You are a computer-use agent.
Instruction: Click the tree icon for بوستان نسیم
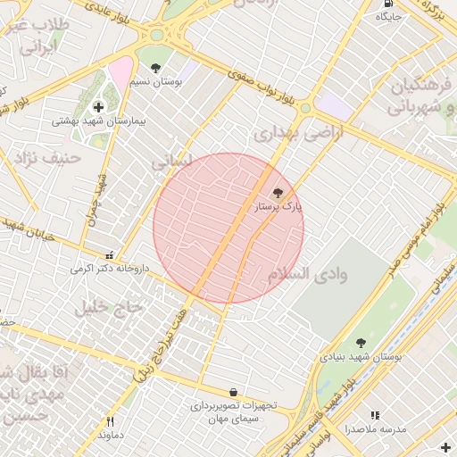[156, 68]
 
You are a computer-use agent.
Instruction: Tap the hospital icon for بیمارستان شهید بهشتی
[98, 107]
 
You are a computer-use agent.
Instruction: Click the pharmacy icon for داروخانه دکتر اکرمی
[110, 254]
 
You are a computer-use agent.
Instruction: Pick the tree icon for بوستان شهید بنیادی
[361, 343]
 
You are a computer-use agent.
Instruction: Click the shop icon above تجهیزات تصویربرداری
[233, 392]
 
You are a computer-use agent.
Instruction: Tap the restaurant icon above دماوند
[111, 421]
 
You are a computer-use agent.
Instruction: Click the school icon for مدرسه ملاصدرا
[375, 415]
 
